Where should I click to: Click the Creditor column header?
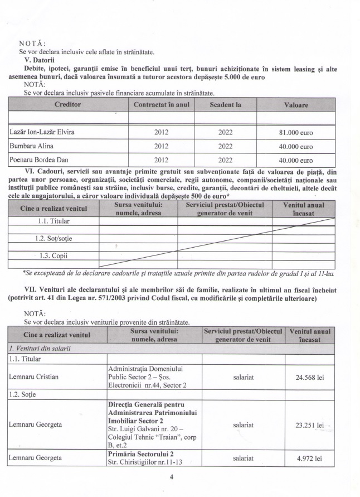pos(68,104)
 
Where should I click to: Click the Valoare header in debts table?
pos(304,104)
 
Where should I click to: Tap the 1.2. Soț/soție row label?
pos(53,239)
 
